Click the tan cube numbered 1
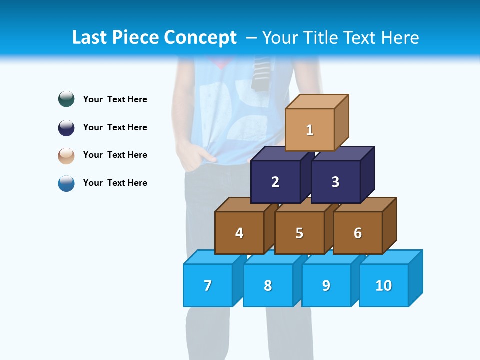click(310, 130)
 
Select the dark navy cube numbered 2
click(275, 182)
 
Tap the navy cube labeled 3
click(335, 182)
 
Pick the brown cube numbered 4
click(239, 233)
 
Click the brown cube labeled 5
click(299, 233)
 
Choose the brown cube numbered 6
click(358, 233)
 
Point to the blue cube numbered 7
click(208, 285)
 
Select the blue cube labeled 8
click(268, 285)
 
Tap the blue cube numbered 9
click(326, 285)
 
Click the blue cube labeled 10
click(384, 285)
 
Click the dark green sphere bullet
click(66, 99)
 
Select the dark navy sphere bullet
click(66, 127)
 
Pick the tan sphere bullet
click(66, 155)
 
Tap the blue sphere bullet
click(66, 183)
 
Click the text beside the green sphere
click(115, 99)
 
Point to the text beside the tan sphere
click(115, 155)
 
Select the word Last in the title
click(90, 38)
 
